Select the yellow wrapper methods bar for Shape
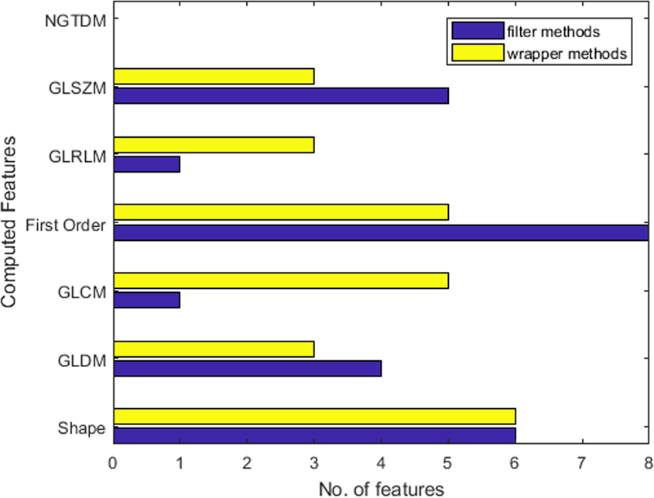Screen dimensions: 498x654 click(314, 416)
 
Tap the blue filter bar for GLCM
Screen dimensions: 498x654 click(147, 300)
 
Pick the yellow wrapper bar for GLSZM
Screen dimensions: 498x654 click(214, 76)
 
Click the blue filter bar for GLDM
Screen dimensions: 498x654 click(247, 368)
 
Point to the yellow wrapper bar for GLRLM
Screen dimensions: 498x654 click(214, 144)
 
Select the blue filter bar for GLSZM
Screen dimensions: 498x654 click(281, 95)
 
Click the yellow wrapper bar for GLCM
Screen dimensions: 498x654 click(281, 280)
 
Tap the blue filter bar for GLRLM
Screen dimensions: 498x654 click(147, 163)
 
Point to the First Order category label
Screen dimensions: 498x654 click(66, 225)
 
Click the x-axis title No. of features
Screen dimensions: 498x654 click(381, 488)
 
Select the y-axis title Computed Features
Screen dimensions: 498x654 click(11, 223)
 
